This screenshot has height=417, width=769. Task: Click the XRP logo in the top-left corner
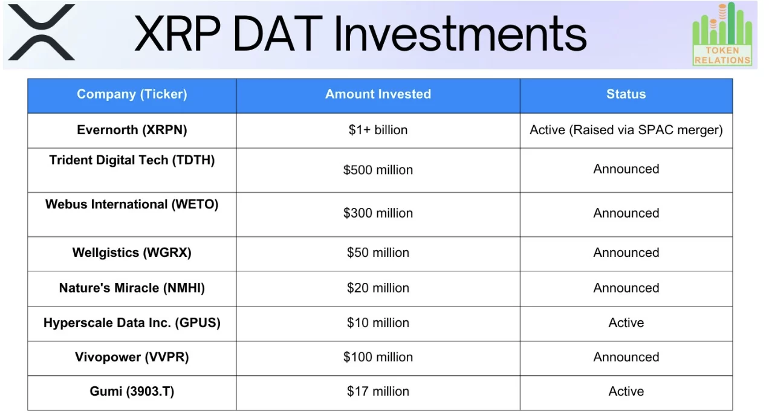pos(42,33)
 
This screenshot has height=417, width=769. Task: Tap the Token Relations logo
pos(722,34)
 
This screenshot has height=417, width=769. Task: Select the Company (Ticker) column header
pos(132,94)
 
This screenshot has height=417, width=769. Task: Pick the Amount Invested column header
pos(378,94)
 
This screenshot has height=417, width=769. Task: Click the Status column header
pos(626,94)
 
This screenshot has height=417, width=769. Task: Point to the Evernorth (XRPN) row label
pos(132,130)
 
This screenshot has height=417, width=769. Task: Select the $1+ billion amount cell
pos(378,130)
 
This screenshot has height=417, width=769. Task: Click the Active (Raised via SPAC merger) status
pos(626,130)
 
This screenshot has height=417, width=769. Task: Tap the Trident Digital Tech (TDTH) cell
pos(132,161)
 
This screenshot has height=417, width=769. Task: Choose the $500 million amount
pos(378,170)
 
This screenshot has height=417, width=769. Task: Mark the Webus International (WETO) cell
pos(132,204)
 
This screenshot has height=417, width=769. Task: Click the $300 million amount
pos(378,213)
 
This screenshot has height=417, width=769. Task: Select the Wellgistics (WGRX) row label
pos(132,253)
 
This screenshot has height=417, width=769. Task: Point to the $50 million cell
pos(378,253)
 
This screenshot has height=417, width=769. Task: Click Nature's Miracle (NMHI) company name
pos(132,288)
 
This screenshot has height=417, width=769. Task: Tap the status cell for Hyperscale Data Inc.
pos(626,323)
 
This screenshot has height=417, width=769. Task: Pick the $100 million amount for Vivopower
pos(378,357)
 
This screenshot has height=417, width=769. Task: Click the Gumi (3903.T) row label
pos(132,392)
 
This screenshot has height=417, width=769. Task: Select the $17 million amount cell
pos(378,392)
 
